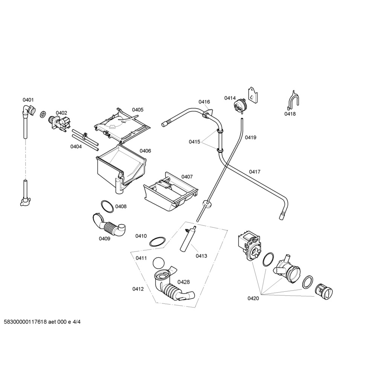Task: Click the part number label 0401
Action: (x=28, y=100)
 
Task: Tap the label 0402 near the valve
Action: (x=61, y=113)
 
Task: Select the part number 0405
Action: (x=138, y=110)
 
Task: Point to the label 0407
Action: (x=187, y=176)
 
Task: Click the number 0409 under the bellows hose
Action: (x=104, y=238)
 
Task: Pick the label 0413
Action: (x=201, y=256)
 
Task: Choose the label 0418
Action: (x=290, y=114)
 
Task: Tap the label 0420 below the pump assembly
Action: (x=253, y=299)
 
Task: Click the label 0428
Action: (x=184, y=282)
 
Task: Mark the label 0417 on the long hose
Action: (x=254, y=172)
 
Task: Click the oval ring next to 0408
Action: (x=107, y=206)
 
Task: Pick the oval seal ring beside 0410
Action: (x=157, y=242)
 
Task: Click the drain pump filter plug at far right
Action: (x=324, y=291)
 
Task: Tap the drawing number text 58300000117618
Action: (x=25, y=322)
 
